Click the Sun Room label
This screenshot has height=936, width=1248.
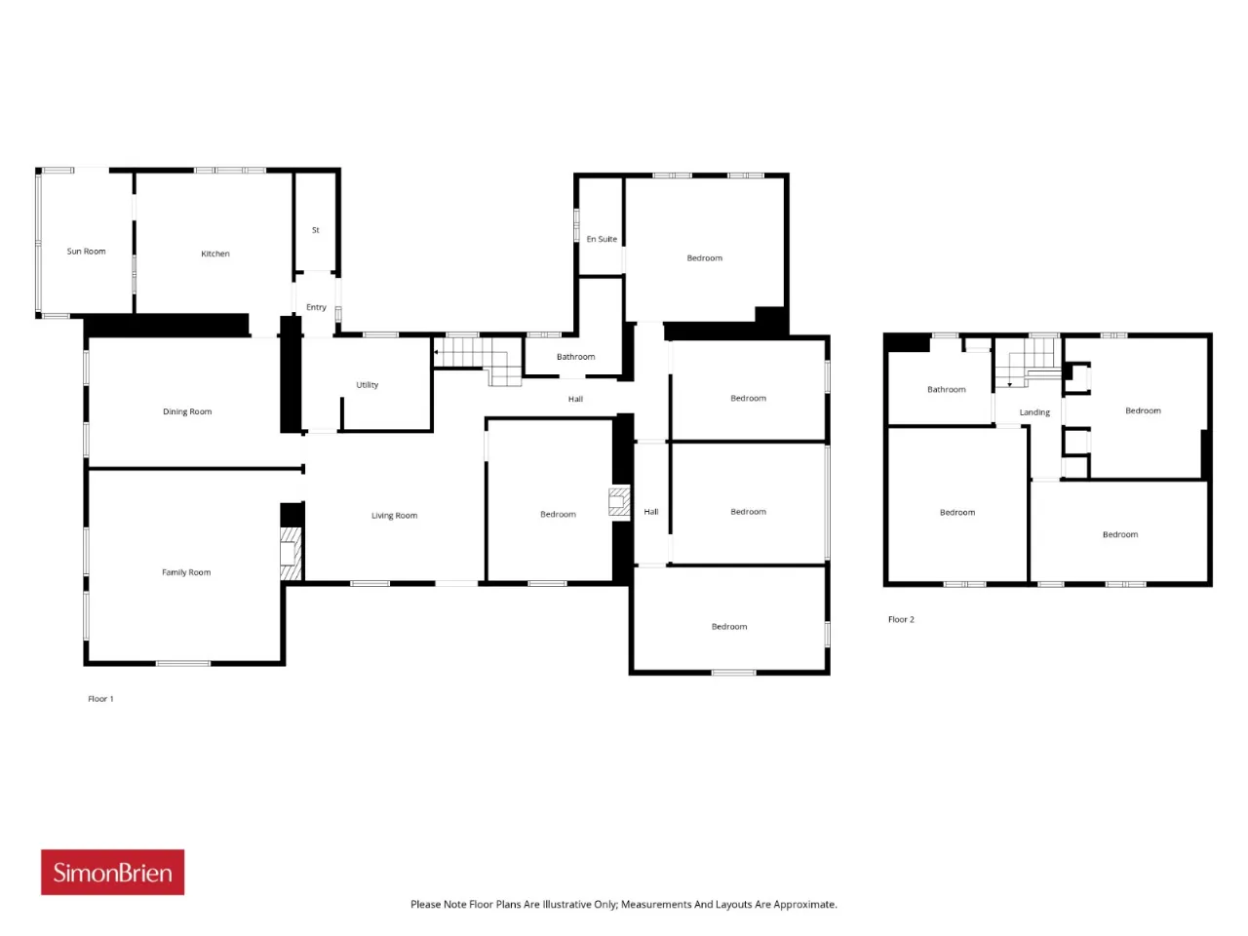86,252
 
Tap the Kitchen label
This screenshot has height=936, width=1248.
214,253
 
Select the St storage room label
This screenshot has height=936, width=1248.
316,230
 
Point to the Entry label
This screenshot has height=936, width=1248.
316,307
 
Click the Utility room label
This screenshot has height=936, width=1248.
367,385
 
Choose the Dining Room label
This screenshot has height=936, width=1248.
187,411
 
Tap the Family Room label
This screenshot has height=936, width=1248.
186,572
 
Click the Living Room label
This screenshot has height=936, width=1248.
394,516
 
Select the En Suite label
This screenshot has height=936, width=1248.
602,239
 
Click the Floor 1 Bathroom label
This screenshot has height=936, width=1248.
575,357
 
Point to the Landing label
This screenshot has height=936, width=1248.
1034,412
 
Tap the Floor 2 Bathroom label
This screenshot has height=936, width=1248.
946,390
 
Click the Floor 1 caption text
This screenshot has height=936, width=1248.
100,699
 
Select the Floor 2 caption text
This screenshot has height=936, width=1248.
901,619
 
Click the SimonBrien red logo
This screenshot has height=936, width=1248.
112,873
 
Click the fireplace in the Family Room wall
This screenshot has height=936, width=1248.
291,554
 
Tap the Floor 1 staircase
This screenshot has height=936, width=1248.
478,360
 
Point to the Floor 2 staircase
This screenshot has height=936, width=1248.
1028,362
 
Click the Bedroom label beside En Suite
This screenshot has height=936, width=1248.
705,258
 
